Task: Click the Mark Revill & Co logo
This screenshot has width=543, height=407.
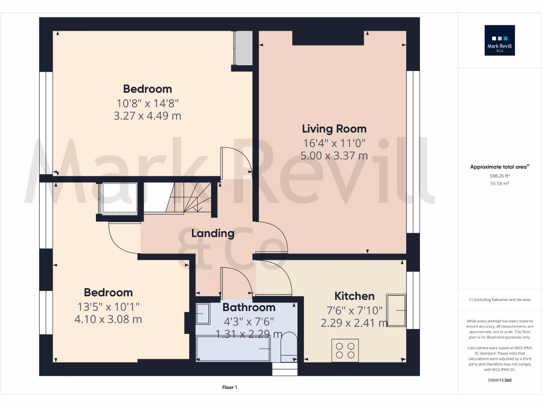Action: pos(500,40)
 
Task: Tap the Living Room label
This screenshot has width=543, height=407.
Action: pos(334,129)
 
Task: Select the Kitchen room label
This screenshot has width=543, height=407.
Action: pos(354,296)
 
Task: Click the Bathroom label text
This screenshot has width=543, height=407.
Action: pos(249,307)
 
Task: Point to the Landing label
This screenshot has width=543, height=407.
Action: pos(213,233)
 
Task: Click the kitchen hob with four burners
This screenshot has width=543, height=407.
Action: pos(345,350)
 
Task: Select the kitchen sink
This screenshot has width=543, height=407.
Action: pos(397,310)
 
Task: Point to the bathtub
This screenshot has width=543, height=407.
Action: pos(233,349)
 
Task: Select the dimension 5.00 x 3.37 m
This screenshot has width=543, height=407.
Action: pos(334,156)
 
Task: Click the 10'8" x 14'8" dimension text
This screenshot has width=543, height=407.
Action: pos(147,102)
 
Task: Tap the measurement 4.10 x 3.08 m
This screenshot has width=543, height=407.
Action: pos(108,320)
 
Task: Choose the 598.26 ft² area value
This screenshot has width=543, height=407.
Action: pos(499,175)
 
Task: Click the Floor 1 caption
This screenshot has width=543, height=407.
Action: pos(229,387)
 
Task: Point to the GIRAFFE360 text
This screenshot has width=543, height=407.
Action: pos(500,380)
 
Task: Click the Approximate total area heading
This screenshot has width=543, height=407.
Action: pos(499,167)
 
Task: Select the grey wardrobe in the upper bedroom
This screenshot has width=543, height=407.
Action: pos(243,48)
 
